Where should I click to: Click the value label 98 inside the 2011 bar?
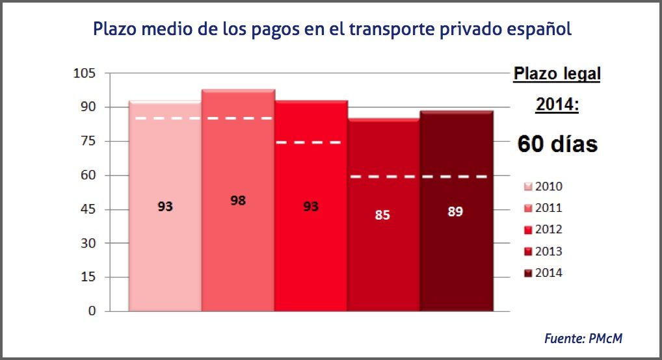click(238, 201)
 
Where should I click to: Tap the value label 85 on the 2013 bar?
click(382, 214)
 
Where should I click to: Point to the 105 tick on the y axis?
click(84, 73)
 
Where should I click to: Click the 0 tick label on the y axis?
click(92, 311)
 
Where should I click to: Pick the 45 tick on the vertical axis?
click(87, 209)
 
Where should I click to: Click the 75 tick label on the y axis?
click(87, 141)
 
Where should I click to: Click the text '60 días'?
click(557, 144)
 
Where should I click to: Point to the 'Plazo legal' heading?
click(557, 74)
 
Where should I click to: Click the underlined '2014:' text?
click(557, 104)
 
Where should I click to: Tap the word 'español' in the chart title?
click(539, 29)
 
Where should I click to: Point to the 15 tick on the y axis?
click(87, 277)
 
